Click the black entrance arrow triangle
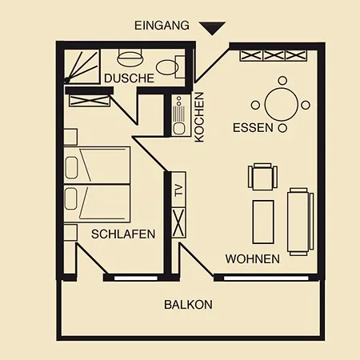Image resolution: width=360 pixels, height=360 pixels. [x=211, y=28]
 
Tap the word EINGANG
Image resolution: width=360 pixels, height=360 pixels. [x=162, y=26]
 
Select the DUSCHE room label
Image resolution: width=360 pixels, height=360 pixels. [x=128, y=78]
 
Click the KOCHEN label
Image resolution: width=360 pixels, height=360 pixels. [x=199, y=117]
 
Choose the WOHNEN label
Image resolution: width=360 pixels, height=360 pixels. [x=252, y=259]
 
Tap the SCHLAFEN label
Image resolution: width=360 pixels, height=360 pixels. [x=122, y=234]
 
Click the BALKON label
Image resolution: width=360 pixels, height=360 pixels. [x=188, y=305]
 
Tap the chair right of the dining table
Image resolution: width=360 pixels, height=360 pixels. [x=306, y=104]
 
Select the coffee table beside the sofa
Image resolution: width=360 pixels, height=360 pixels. [x=265, y=222]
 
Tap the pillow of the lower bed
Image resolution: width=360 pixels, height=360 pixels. [x=70, y=199]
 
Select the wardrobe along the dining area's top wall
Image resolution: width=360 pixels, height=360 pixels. [x=274, y=55]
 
